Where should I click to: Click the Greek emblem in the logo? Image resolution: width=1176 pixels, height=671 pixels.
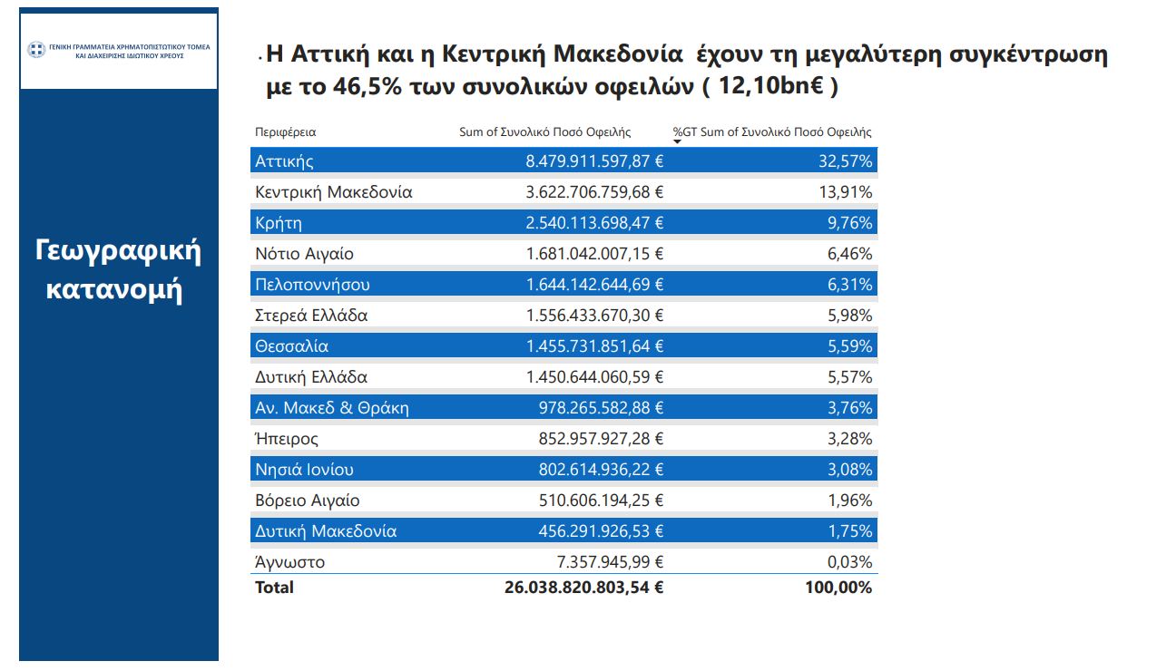click(x=35, y=50)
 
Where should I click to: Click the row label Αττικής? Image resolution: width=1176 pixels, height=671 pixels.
click(x=284, y=161)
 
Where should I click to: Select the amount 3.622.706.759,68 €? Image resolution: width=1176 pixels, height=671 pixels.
click(x=594, y=192)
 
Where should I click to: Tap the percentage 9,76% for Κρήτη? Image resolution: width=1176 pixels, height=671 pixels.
click(x=849, y=223)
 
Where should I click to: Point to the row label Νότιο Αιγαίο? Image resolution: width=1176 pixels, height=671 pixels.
click(x=304, y=254)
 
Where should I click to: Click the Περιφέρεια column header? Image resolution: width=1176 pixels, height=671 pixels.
click(x=285, y=132)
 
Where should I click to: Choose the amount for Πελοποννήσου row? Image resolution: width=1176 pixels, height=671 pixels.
click(x=594, y=285)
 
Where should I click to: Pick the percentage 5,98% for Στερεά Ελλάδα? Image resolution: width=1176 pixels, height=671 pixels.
click(x=849, y=316)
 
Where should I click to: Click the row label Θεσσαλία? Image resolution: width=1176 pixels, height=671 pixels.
click(x=291, y=346)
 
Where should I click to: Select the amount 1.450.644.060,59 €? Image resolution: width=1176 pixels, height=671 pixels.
click(x=594, y=377)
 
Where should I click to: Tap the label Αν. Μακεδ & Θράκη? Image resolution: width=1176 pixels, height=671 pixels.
click(x=331, y=408)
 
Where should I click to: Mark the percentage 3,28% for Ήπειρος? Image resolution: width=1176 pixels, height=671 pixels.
click(x=849, y=439)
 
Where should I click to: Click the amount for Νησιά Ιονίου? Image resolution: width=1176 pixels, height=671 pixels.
click(x=594, y=470)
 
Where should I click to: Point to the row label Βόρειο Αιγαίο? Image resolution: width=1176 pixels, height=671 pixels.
click(x=307, y=501)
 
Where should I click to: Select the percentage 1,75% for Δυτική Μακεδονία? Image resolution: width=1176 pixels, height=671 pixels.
click(x=849, y=531)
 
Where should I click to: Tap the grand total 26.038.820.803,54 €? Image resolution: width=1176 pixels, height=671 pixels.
click(x=583, y=588)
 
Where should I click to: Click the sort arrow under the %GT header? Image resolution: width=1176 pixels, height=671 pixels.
click(x=677, y=141)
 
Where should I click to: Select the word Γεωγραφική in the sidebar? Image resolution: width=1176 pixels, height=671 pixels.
click(x=118, y=251)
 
